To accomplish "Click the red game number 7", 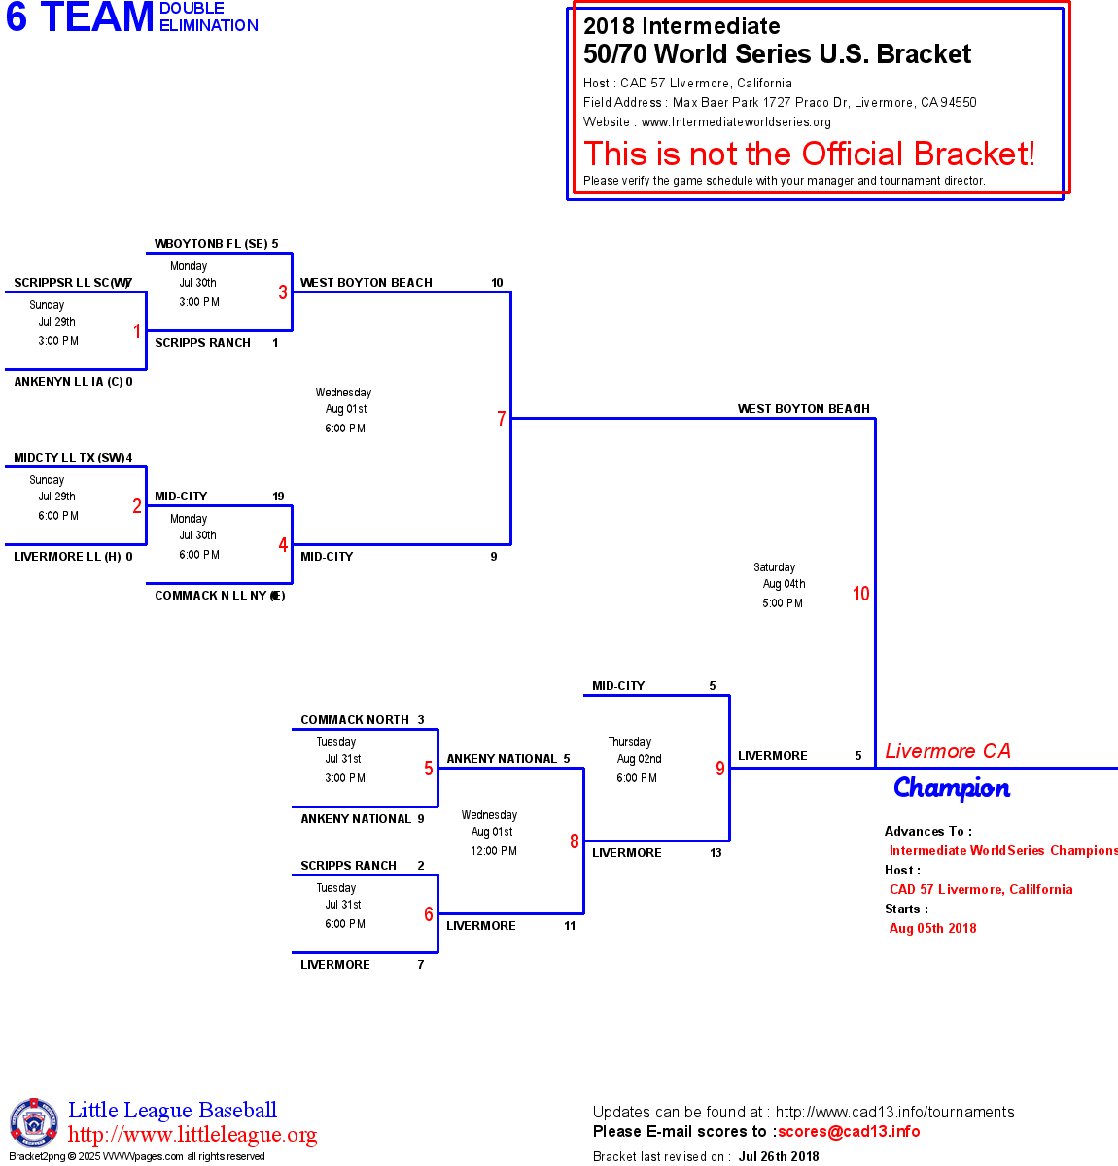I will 502,419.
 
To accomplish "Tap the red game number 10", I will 861,594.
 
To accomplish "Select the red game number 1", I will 137,331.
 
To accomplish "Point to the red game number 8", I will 575,841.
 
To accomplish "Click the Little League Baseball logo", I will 34,1122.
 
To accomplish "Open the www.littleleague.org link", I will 192,1135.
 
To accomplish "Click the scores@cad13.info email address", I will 849,1131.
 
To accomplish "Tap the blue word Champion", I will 952,788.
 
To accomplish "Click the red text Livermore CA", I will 948,751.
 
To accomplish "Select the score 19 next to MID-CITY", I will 278,497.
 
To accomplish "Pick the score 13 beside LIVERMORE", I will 716,853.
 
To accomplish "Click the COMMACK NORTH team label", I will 355,720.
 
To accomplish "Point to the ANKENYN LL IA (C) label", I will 68,382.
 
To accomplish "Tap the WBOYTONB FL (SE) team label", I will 211,244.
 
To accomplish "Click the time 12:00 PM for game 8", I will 494,851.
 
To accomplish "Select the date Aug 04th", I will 784,584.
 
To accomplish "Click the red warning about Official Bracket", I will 809,154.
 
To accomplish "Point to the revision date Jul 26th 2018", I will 779,1156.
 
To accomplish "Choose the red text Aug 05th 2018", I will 933,928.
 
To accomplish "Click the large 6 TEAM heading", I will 81,17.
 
